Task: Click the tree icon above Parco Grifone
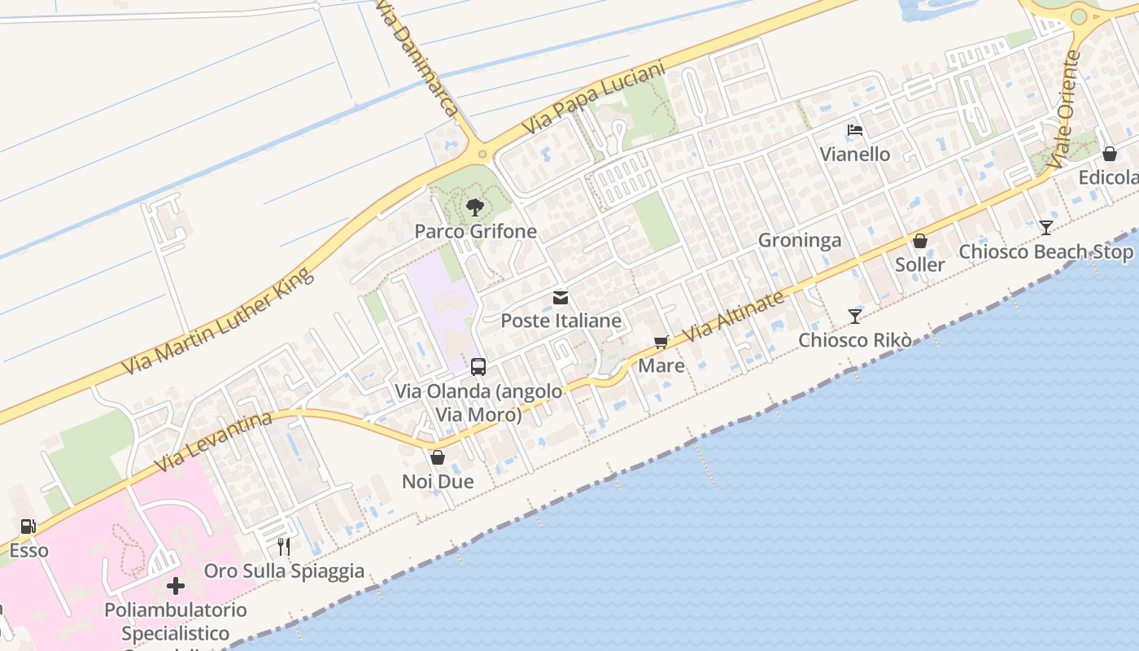point(475,208)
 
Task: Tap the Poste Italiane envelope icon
point(561,298)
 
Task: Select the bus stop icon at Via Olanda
point(478,367)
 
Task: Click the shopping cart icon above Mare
point(661,343)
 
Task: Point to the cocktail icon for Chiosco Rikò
point(854,316)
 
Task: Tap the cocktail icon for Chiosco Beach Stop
point(1045,228)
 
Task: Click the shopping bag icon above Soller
point(920,241)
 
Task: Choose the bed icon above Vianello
point(854,130)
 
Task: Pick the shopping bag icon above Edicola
point(1109,154)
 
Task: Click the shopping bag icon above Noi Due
point(438,457)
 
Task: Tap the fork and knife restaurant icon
point(283,546)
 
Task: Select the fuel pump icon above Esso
point(28,526)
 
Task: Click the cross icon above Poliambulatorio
point(176,586)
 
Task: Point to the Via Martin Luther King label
point(218,321)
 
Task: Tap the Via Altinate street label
point(735,317)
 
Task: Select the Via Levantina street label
point(213,442)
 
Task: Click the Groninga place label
point(800,240)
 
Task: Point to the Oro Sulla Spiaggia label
point(284,570)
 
